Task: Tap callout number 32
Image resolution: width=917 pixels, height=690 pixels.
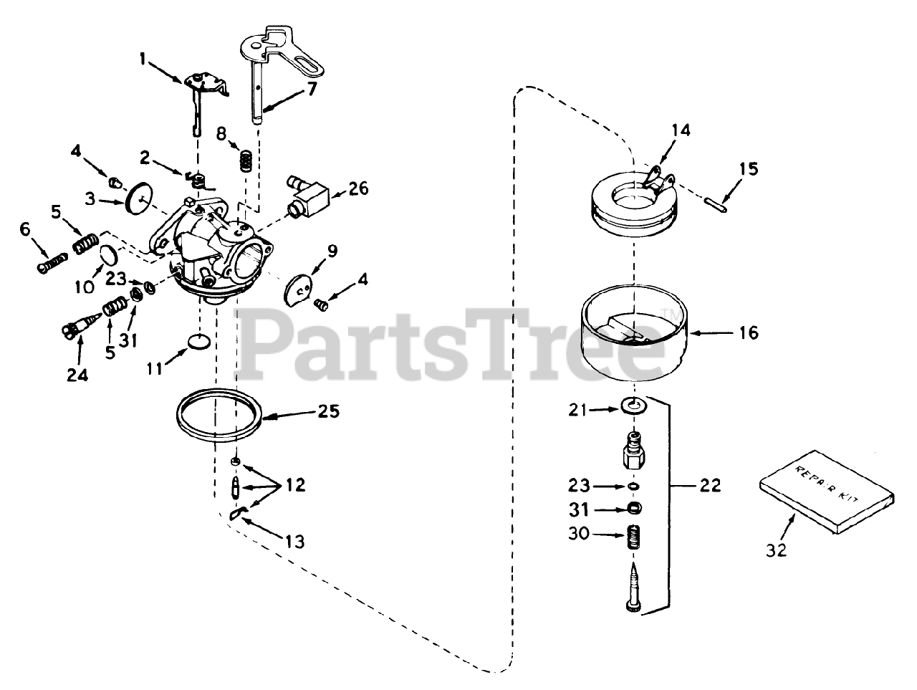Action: [776, 550]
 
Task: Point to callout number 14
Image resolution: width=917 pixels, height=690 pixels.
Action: [681, 130]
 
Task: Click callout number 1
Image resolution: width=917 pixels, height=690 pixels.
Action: [143, 62]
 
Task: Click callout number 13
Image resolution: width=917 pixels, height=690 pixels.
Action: [294, 542]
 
